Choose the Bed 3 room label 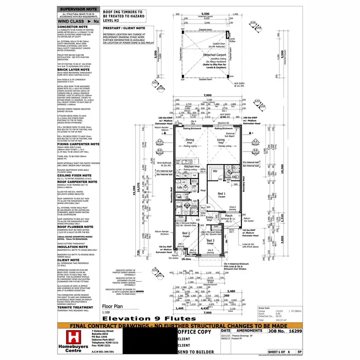[x=210, y=240]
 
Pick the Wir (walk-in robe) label [x=216, y=170]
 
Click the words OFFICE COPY [x=195, y=331]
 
